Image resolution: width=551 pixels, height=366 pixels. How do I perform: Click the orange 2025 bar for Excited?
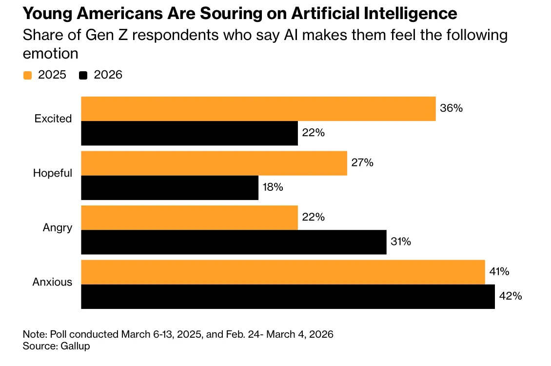coord(258,109)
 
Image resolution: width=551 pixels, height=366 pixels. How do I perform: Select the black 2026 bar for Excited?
coord(189,133)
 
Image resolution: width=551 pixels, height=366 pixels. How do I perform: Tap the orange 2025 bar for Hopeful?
coord(214,163)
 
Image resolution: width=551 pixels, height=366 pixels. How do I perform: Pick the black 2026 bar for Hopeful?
coord(170,188)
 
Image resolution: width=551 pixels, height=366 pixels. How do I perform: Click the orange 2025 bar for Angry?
coord(189,218)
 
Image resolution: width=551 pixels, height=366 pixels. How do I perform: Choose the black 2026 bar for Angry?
coord(234,242)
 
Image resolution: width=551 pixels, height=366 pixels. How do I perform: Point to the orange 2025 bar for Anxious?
coord(283,272)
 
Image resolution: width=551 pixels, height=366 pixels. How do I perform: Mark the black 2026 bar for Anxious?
coord(288,297)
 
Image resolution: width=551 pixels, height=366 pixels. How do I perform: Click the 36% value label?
coord(451,108)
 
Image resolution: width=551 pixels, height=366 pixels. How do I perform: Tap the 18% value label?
coord(273,187)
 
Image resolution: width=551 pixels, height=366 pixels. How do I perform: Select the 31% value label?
coord(401,242)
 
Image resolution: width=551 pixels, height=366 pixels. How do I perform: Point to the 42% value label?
coord(510,296)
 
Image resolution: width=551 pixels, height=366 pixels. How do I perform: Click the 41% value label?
coord(499,271)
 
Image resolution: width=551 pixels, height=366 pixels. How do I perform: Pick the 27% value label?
coord(362,163)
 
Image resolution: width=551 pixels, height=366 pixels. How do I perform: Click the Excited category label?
coord(53,119)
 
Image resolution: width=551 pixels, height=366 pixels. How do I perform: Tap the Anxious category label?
coord(52,282)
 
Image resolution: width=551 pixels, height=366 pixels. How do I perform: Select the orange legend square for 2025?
coord(27,75)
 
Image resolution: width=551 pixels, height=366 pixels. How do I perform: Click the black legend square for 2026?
coord(83,75)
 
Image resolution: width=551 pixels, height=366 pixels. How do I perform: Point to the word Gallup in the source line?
coord(75,346)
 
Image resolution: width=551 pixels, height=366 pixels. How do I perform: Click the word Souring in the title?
coord(231,14)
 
